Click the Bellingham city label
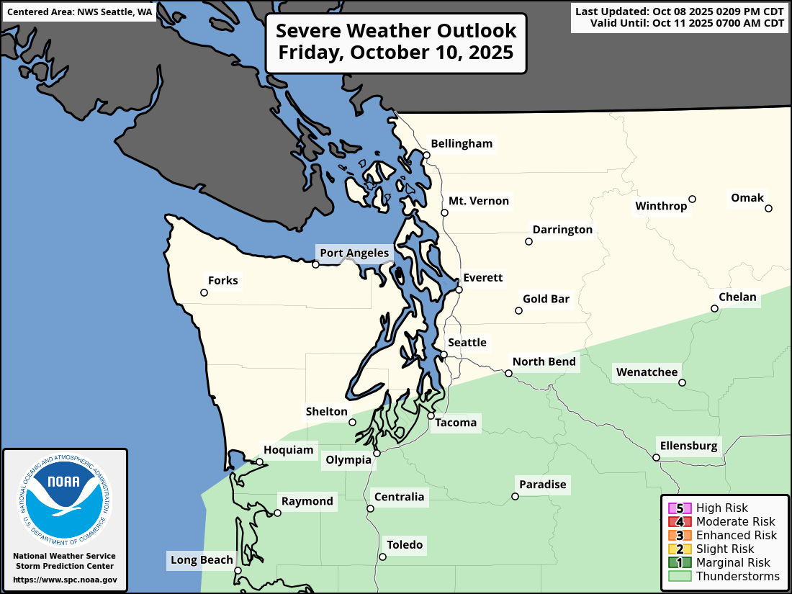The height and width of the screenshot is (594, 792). (461, 143)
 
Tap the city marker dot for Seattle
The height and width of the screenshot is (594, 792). (444, 354)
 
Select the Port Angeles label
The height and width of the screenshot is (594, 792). (354, 253)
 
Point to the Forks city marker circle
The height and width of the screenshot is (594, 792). (204, 293)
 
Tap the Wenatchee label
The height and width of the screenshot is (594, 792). (647, 372)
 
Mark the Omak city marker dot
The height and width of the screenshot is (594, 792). (768, 209)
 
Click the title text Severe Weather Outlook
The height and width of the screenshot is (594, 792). (396, 31)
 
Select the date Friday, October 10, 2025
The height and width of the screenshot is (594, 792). (396, 53)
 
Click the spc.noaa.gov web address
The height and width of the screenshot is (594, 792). (64, 580)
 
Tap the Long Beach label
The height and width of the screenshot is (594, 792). (202, 560)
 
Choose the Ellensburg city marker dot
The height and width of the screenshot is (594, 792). (656, 457)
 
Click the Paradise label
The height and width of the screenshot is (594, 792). (543, 485)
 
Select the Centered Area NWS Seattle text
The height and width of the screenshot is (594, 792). (79, 12)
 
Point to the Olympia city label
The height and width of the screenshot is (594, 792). (348, 460)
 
